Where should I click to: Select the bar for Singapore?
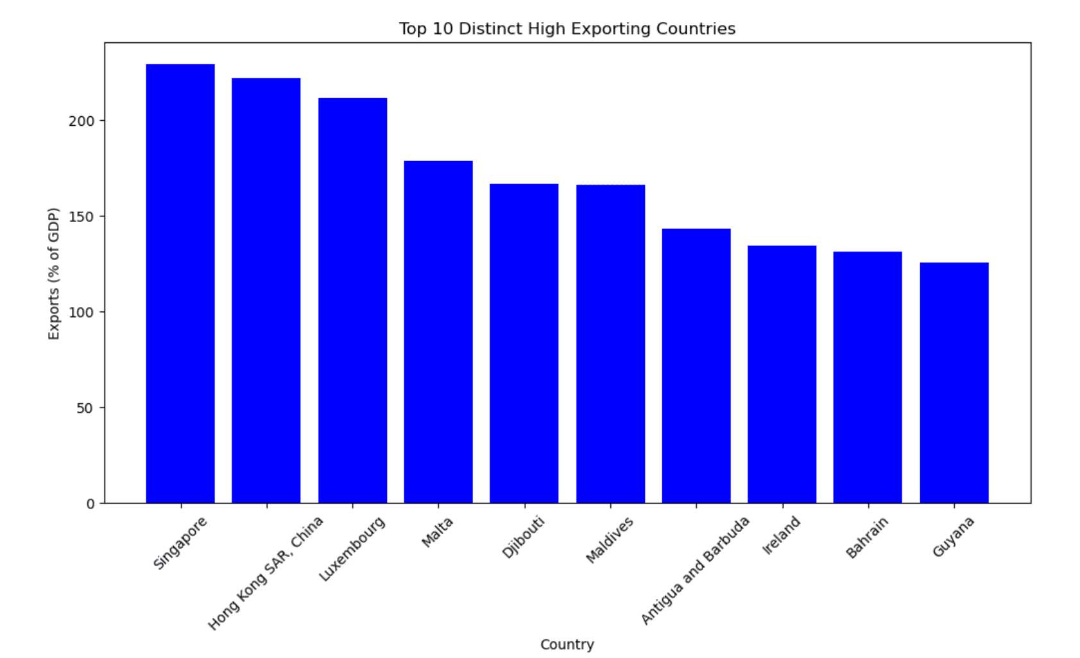pyautogui.click(x=180, y=283)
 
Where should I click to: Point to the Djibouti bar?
pyautogui.click(x=524, y=343)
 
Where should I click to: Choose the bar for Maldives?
pyautogui.click(x=610, y=344)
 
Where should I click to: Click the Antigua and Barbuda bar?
pyautogui.click(x=696, y=366)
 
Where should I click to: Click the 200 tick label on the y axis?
pyautogui.click(x=81, y=121)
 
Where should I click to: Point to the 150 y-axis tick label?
pyautogui.click(x=81, y=216)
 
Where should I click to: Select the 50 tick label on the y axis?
pyautogui.click(x=85, y=408)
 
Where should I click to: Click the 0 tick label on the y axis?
pyautogui.click(x=90, y=504)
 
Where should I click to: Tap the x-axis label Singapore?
pyautogui.click(x=180, y=543)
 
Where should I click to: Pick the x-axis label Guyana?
pyautogui.click(x=953, y=537)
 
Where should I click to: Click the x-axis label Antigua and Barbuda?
pyautogui.click(x=696, y=570)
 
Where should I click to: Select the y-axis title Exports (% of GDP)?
pyautogui.click(x=54, y=273)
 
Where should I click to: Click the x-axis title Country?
pyautogui.click(x=567, y=645)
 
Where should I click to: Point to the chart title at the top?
pyautogui.click(x=567, y=29)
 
